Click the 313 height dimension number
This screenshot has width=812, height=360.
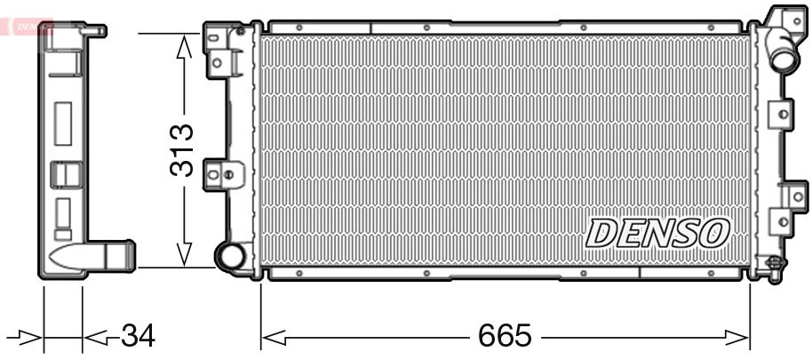(x=182, y=150)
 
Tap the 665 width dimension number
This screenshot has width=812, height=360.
(x=505, y=335)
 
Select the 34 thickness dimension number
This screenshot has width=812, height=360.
(x=138, y=336)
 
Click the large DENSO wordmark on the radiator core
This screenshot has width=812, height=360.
(x=657, y=233)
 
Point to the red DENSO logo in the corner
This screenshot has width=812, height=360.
(x=25, y=26)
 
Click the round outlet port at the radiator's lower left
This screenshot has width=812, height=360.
(x=230, y=254)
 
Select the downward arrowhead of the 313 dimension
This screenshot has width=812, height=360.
(x=183, y=254)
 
